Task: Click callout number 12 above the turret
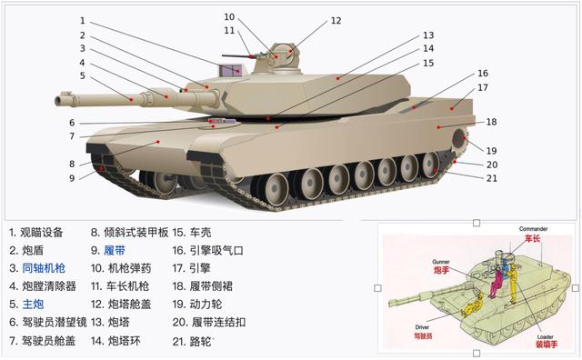coord(336,20)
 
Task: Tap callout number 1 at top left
coord(82,20)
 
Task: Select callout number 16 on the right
coord(483,73)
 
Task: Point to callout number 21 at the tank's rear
coord(492,177)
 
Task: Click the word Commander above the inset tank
coord(533,228)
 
